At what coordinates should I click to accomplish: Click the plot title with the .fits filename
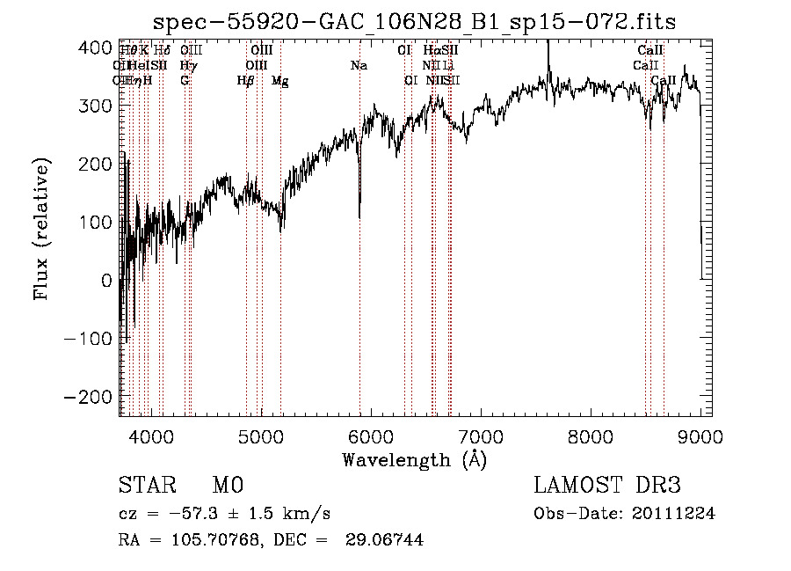[414, 22]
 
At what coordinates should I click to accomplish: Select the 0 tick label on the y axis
[106, 281]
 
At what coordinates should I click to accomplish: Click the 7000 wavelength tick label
[480, 436]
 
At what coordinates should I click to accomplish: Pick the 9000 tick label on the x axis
[700, 436]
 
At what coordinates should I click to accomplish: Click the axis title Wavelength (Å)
[414, 459]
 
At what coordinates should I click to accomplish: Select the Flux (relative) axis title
[42, 228]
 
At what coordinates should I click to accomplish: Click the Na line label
[359, 66]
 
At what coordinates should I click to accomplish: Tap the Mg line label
[279, 81]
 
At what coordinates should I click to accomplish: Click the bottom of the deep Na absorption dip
[359, 216]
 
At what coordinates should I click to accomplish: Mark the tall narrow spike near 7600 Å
[548, 44]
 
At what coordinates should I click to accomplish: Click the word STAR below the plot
[146, 486]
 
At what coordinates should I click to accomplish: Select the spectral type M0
[227, 486]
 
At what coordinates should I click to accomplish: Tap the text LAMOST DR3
[607, 486]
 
